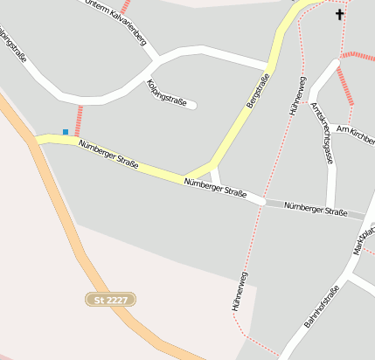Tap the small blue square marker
65,132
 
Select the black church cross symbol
340,14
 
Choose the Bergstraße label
258,91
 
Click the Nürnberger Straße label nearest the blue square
108,156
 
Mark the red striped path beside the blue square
79,120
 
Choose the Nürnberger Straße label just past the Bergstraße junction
216,188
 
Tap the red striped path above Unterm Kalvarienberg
125,7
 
